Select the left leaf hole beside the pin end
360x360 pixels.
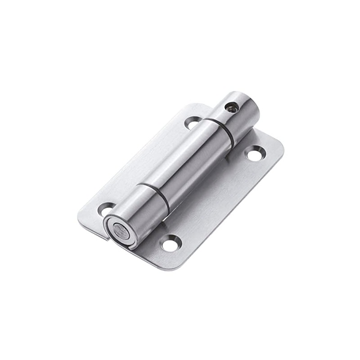(106, 210)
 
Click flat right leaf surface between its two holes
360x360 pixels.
(211, 198)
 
